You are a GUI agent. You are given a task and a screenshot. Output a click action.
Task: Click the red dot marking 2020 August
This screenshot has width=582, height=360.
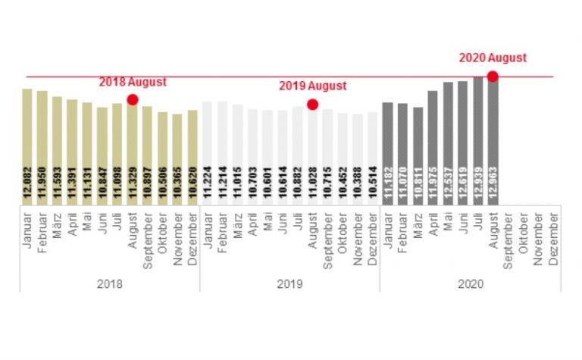pos(493,76)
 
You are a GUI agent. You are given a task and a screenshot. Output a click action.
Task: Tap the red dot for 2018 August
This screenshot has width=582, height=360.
pos(133,99)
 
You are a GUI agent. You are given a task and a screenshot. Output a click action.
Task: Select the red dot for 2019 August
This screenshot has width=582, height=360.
pos(312,105)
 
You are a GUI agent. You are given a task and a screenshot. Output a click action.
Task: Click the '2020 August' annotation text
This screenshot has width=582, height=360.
pos(493,58)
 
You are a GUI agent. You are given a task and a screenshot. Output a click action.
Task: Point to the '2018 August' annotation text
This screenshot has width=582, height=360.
pos(133,82)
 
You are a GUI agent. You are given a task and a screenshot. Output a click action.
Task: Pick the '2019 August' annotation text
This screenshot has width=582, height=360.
pos(312,86)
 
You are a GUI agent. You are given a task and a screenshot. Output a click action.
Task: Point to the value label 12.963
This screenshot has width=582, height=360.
pos(493,182)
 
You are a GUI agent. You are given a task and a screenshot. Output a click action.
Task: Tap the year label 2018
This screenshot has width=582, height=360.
pos(110,284)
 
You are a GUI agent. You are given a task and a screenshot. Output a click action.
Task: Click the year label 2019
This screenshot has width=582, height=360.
pos(290,284)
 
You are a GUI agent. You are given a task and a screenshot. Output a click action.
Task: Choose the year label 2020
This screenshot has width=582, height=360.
pos(470,284)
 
